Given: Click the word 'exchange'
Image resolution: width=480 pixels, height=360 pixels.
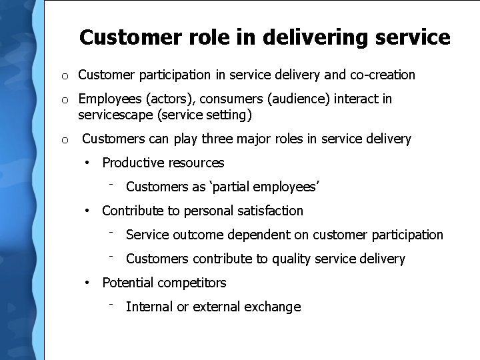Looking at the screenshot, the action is [273, 307].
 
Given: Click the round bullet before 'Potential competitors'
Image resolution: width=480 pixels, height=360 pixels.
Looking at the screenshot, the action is [87, 283].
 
